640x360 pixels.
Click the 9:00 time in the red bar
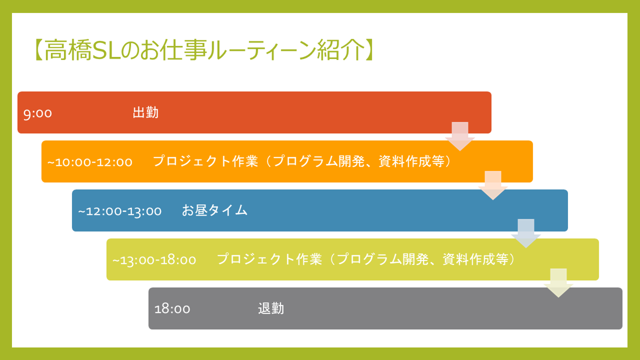[x=37, y=114]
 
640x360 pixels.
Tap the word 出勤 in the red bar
[x=145, y=112]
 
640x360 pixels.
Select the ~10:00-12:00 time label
[x=90, y=162]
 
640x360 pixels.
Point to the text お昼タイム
[x=215, y=210]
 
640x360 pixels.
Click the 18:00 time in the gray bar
[x=172, y=309]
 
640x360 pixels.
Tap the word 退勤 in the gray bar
[x=271, y=308]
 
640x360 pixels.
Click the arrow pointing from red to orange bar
[x=460, y=136]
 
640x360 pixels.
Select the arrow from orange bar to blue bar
[x=493, y=185]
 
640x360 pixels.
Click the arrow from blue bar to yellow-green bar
[x=526, y=233]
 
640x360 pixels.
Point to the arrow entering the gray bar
[x=558, y=283]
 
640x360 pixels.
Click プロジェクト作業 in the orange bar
[x=205, y=161]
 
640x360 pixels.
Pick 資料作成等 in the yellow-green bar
[x=476, y=260]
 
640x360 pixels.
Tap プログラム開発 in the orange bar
[x=319, y=161]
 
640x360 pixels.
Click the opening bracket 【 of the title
[x=38, y=50]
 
